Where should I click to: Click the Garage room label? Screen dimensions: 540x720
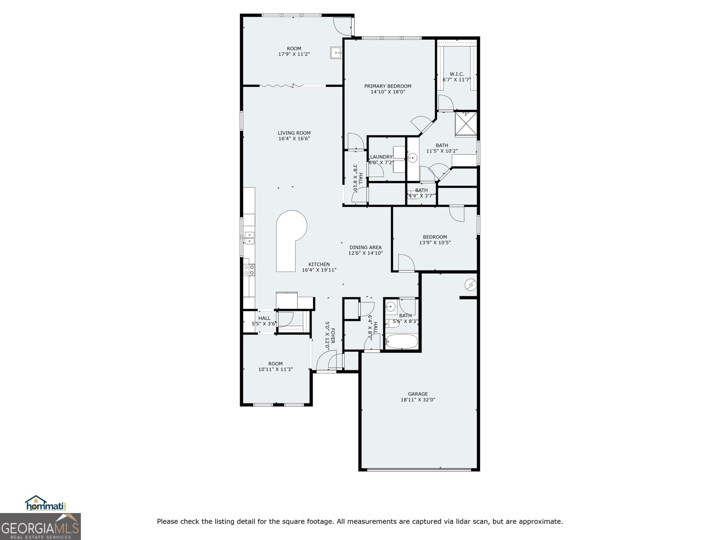click(x=418, y=394)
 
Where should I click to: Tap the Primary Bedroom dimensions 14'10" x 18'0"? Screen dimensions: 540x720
click(x=387, y=92)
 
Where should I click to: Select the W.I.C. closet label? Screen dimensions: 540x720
click(x=457, y=74)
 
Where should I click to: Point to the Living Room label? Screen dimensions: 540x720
click(x=294, y=133)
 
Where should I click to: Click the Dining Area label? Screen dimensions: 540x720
click(x=365, y=247)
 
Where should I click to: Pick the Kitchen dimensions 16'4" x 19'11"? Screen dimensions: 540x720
click(x=319, y=270)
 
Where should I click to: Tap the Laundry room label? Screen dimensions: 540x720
click(x=381, y=157)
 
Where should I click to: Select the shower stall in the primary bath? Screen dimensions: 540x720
click(x=465, y=123)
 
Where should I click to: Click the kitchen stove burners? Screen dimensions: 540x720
click(x=249, y=270)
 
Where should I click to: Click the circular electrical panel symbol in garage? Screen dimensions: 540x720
click(x=471, y=284)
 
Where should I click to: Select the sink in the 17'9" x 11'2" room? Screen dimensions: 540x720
click(x=336, y=53)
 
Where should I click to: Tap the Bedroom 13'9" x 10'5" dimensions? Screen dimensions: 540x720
click(x=435, y=243)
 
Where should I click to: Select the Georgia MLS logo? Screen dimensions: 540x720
click(x=40, y=526)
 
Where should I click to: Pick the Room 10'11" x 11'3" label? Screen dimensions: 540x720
click(x=275, y=364)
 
